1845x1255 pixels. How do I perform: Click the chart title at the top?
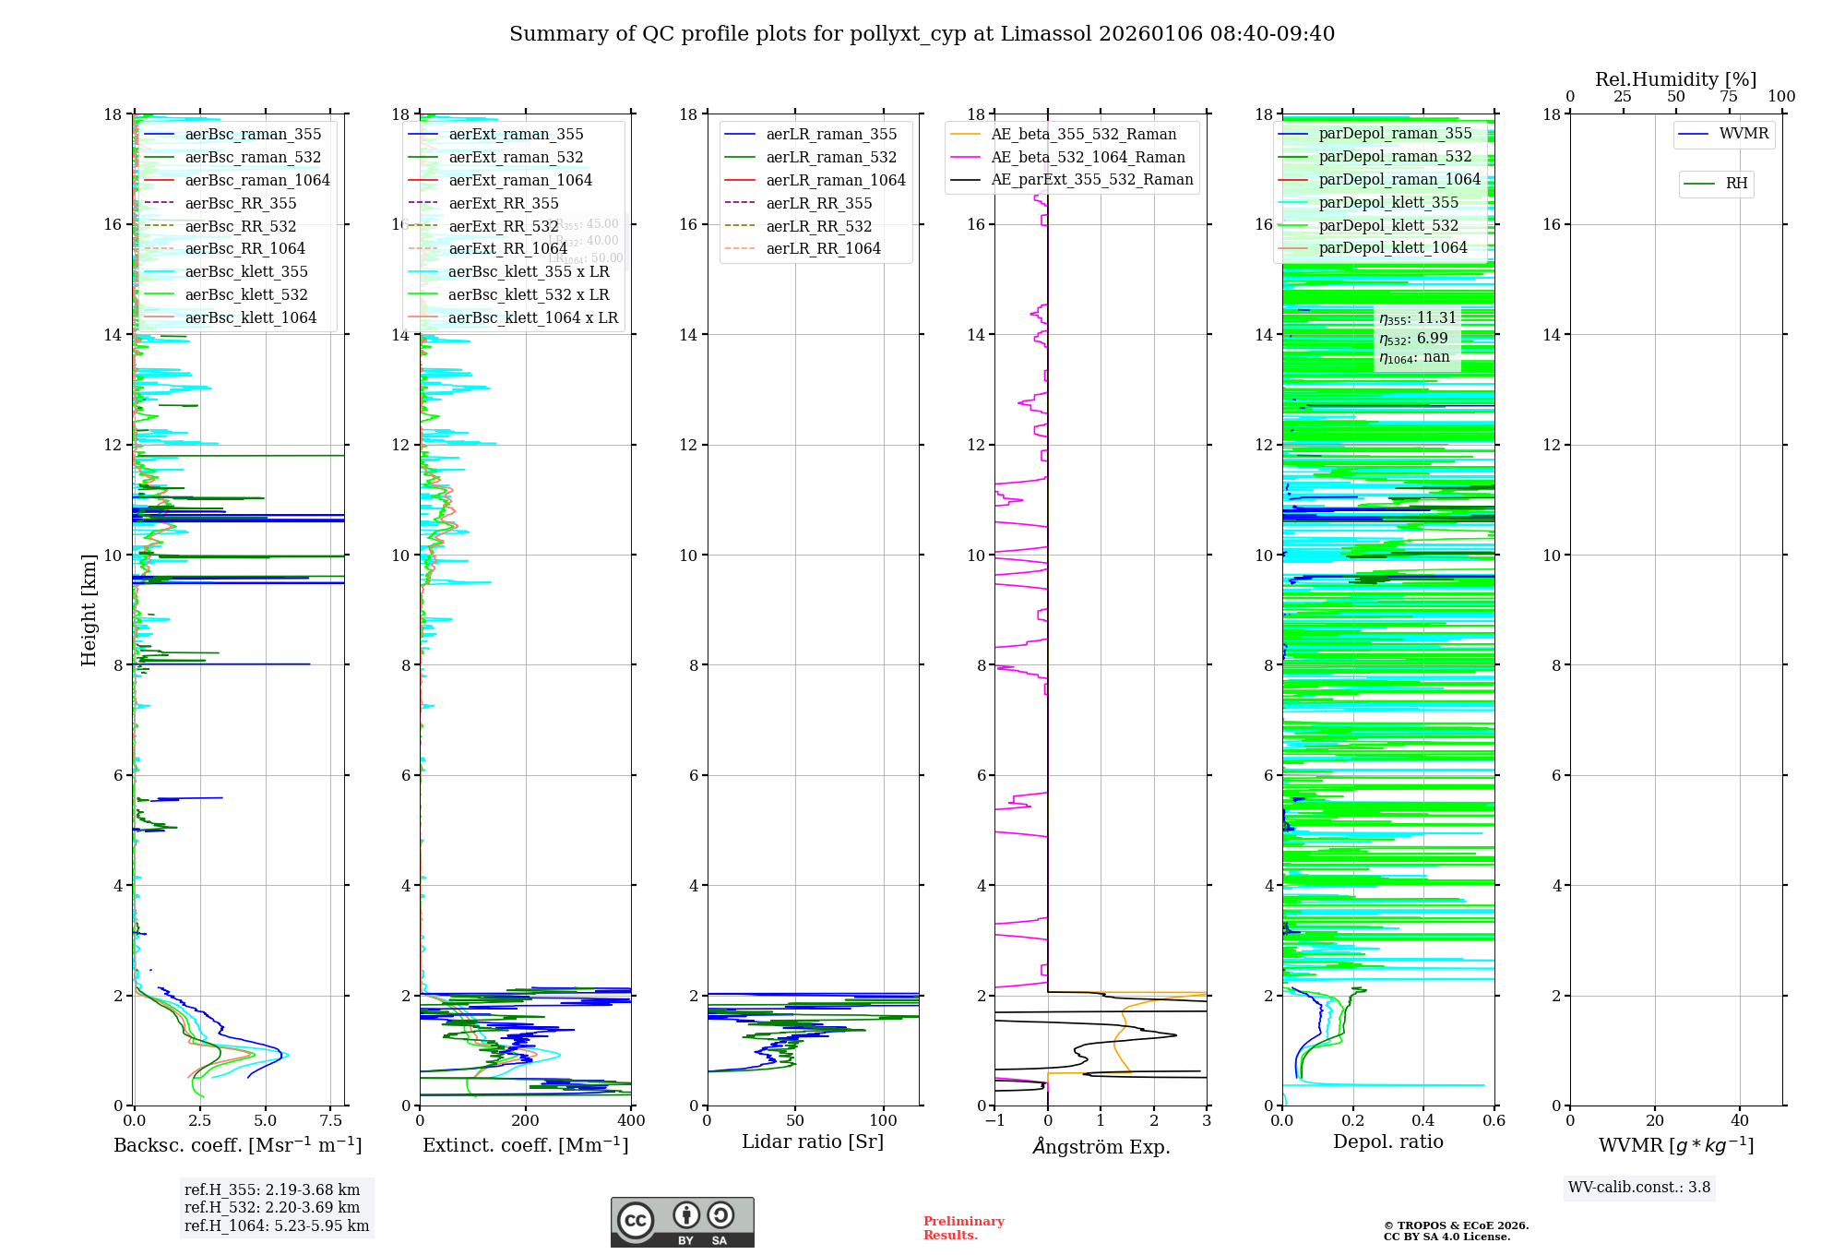point(922,34)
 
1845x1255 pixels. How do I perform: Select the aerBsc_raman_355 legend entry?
point(253,135)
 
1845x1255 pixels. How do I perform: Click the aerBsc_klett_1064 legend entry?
point(250,318)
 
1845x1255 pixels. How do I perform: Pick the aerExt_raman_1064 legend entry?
point(520,181)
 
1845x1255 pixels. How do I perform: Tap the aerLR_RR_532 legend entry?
point(818,227)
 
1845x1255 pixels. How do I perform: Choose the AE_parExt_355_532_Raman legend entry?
point(1091,180)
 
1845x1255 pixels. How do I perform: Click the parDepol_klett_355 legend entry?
point(1388,203)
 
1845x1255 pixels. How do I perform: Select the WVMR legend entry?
point(1744,134)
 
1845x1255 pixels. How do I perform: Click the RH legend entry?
point(1736,184)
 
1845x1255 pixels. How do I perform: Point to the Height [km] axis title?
point(89,610)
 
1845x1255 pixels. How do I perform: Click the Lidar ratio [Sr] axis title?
point(813,1142)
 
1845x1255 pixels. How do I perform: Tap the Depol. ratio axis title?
point(1387,1142)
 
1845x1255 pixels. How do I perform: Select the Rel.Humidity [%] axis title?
point(1675,80)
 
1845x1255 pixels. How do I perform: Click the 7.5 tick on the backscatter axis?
point(330,1121)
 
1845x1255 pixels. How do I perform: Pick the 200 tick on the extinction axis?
point(526,1121)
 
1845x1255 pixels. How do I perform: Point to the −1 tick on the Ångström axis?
point(994,1121)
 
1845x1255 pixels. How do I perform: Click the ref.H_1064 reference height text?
point(277,1226)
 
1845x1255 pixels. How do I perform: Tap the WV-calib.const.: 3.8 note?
point(1639,1188)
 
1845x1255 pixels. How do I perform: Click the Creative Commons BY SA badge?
point(682,1223)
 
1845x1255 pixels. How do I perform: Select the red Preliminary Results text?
point(963,1228)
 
